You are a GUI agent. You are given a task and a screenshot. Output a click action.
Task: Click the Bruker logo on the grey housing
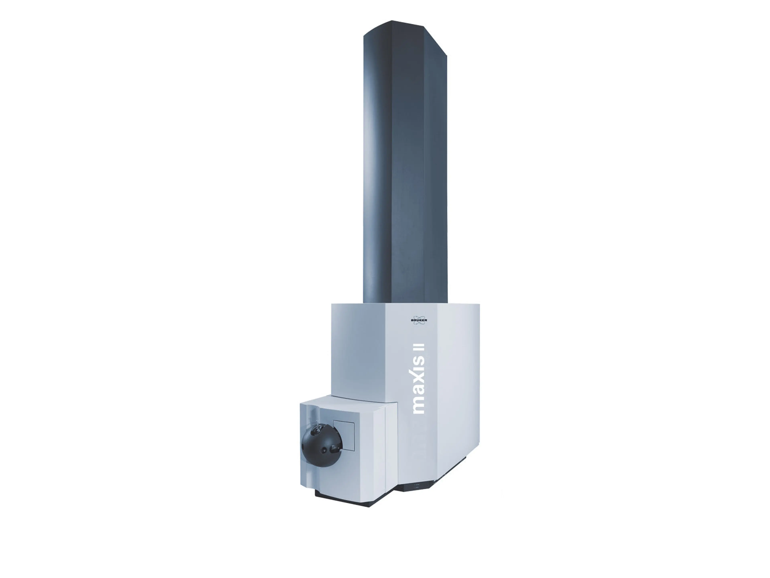coord(419,320)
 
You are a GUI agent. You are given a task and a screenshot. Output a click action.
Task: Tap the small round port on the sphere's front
coord(324,451)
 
